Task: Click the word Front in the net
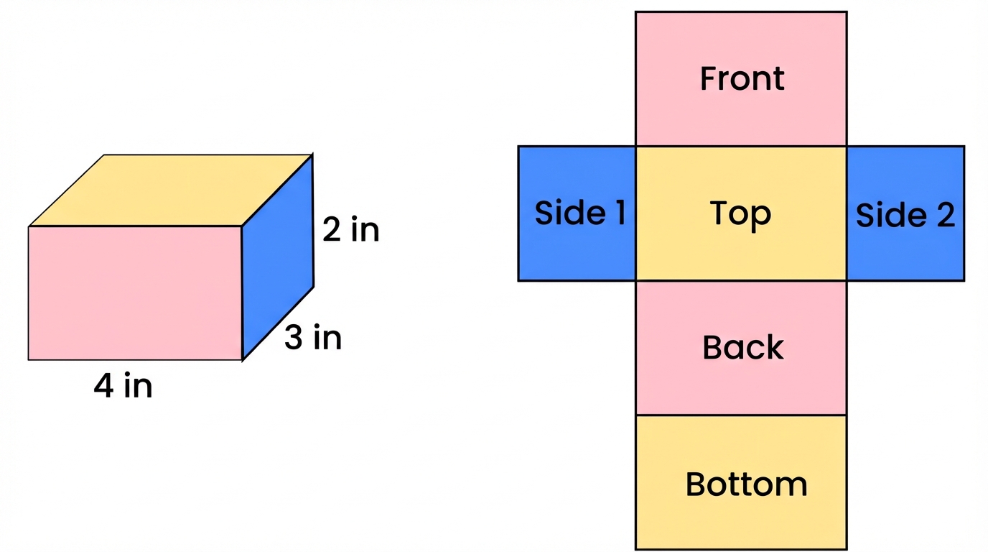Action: pyautogui.click(x=742, y=78)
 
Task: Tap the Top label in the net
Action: pyautogui.click(x=740, y=214)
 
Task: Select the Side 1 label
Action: pyautogui.click(x=580, y=213)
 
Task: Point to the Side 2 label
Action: pyautogui.click(x=905, y=215)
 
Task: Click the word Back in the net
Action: pyautogui.click(x=742, y=348)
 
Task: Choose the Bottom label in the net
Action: pyautogui.click(x=746, y=484)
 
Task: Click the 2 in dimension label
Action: pyautogui.click(x=350, y=230)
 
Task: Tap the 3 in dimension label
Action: pyautogui.click(x=312, y=338)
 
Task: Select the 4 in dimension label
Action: pyautogui.click(x=123, y=387)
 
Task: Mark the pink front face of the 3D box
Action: pyautogui.click(x=135, y=293)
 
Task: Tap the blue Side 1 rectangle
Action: pyautogui.click(x=577, y=252)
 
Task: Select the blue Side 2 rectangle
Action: pyautogui.click(x=905, y=252)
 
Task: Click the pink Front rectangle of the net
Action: pyautogui.click(x=741, y=115)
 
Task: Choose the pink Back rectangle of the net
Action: pyautogui.click(x=741, y=385)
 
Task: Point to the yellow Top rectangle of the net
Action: pyautogui.click(x=741, y=252)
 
